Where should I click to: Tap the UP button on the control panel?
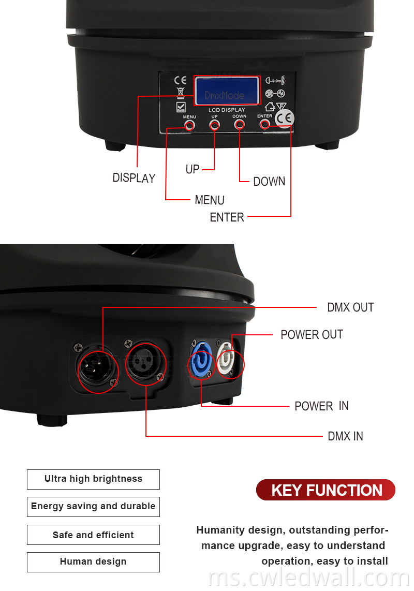click(214, 125)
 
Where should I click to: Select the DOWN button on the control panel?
click(240, 125)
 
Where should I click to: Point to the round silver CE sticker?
click(284, 119)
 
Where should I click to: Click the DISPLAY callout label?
click(134, 178)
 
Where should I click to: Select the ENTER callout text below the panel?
click(227, 217)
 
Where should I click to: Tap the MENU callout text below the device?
click(210, 200)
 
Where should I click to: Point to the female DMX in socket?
click(145, 361)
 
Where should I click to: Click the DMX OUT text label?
click(350, 307)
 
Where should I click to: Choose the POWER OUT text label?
click(312, 335)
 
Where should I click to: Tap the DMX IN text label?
click(345, 436)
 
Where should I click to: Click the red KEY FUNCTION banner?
click(326, 490)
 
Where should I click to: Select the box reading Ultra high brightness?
click(93, 479)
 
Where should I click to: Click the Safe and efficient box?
click(93, 535)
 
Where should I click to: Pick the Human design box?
click(93, 562)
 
